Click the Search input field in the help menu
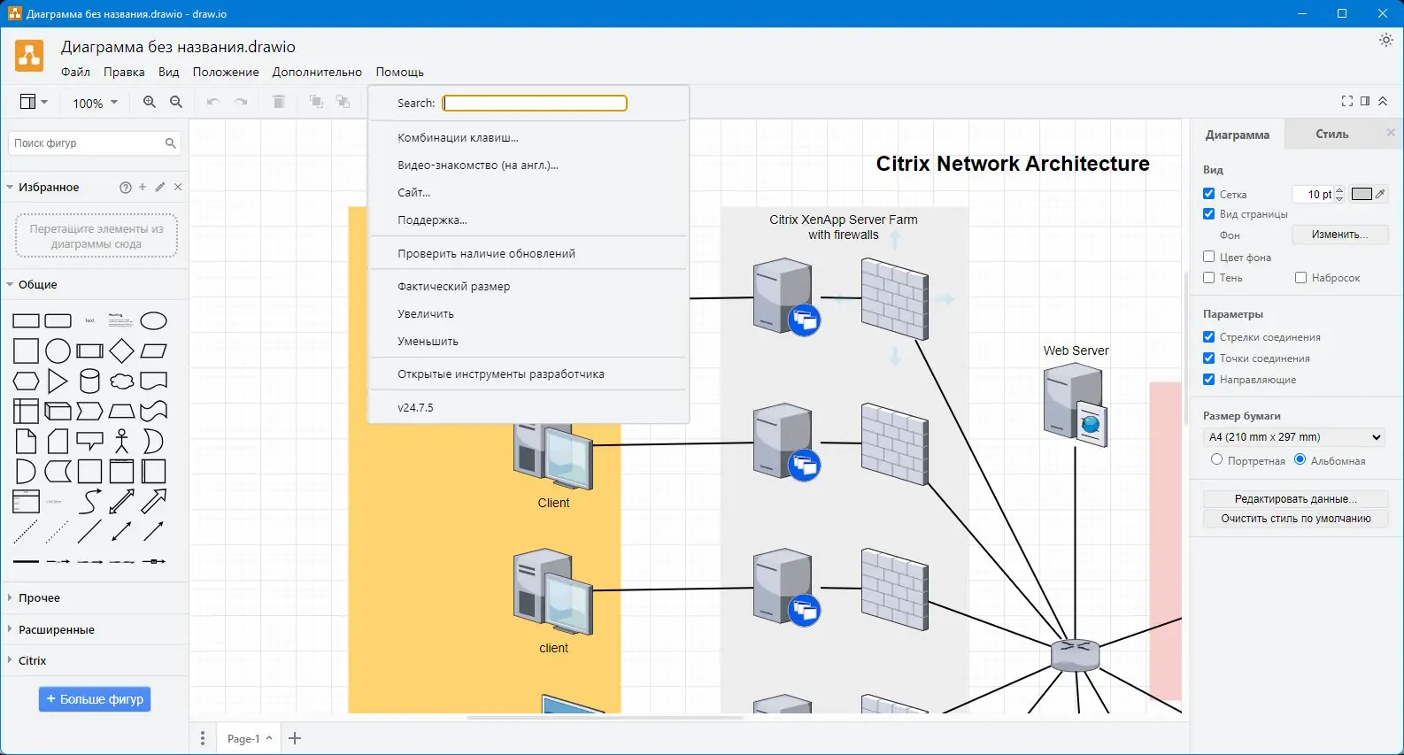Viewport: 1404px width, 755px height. coord(535,104)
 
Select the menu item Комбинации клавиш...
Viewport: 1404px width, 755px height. coord(458,138)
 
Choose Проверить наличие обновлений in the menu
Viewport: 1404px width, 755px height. coord(486,254)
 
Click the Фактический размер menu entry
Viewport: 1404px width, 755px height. coord(453,287)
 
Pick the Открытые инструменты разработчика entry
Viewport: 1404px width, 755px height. coord(500,374)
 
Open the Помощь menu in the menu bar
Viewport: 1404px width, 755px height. coord(399,73)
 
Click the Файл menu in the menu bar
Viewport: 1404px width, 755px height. coord(75,73)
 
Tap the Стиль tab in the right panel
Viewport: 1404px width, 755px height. coord(1331,135)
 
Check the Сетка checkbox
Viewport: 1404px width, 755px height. coord(1209,194)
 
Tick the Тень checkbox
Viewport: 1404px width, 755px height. coord(1209,278)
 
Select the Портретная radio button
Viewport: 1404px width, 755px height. coord(1217,460)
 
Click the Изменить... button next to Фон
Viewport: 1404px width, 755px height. coord(1339,235)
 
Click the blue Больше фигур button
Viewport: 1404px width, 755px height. coord(95,699)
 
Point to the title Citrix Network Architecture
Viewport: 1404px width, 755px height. coord(1012,164)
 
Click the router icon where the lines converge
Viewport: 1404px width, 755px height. coord(1076,656)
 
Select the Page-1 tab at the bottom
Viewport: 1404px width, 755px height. coord(243,739)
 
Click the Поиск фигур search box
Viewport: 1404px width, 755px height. coord(87,143)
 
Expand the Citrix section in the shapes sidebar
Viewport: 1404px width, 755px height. coord(32,661)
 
